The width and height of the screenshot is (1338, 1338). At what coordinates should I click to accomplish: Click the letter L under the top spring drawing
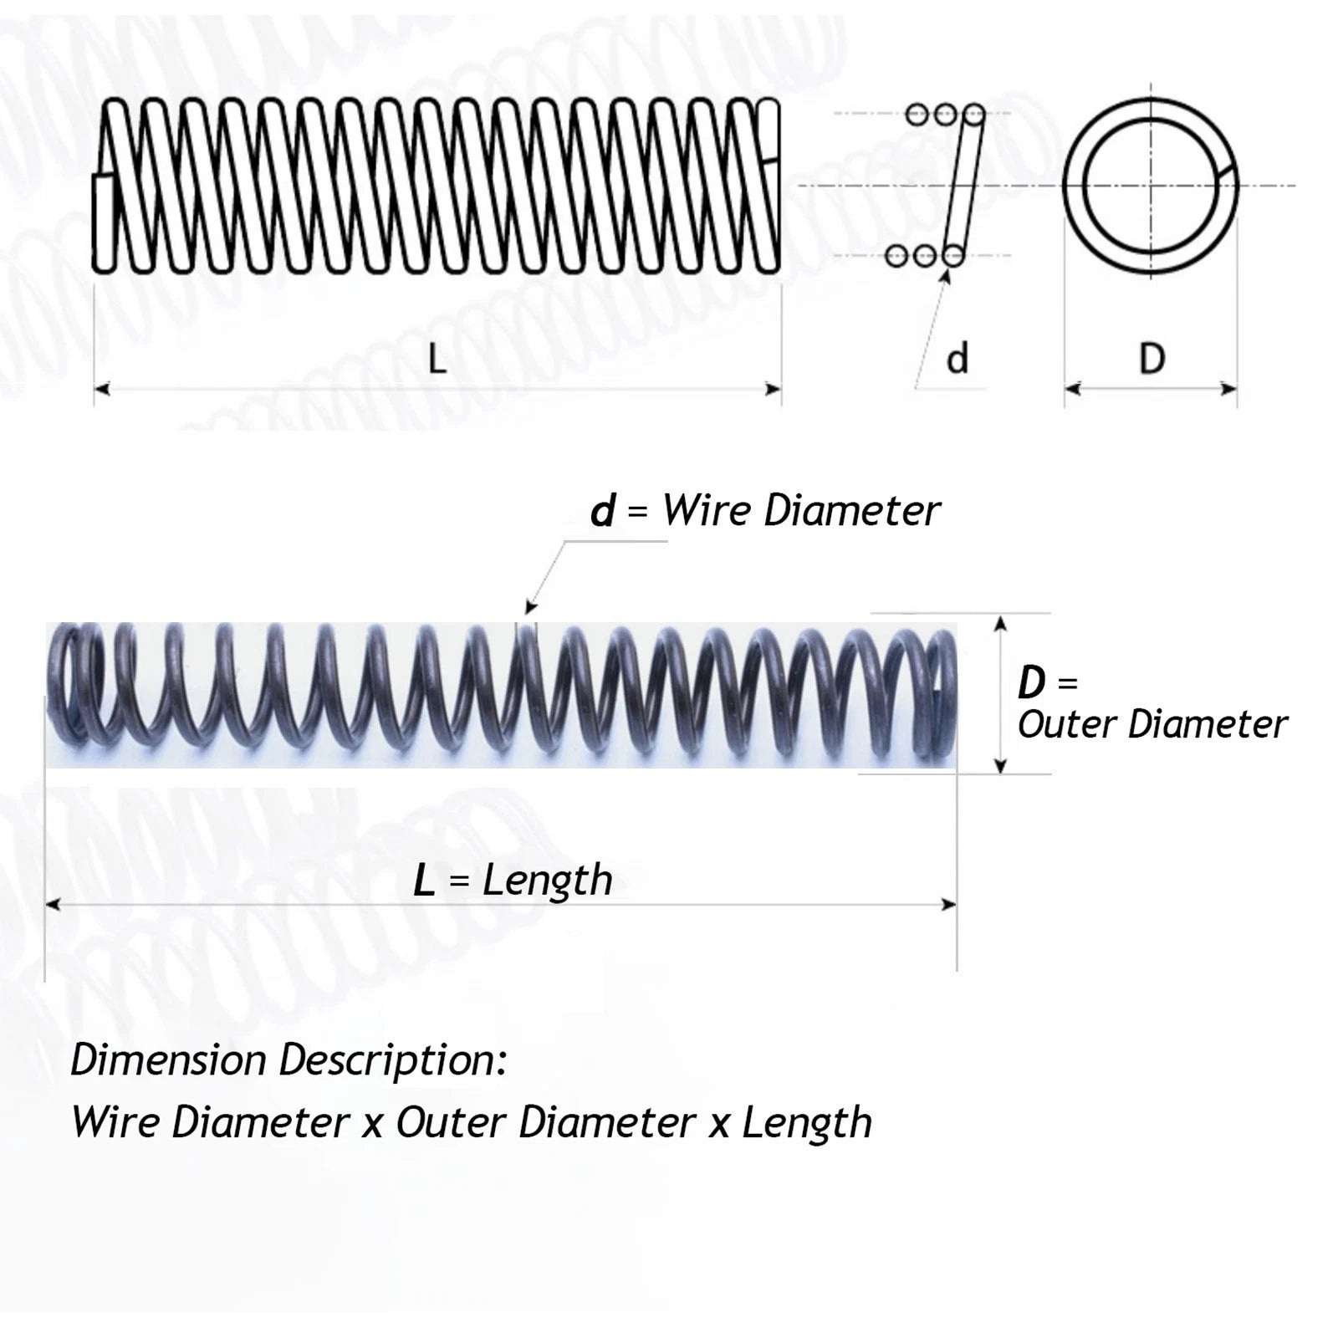tap(437, 360)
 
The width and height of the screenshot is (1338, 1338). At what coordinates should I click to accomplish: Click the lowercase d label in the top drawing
tap(958, 359)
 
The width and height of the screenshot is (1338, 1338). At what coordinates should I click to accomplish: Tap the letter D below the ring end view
tap(1152, 359)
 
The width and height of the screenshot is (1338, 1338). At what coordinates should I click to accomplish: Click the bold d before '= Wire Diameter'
tap(602, 511)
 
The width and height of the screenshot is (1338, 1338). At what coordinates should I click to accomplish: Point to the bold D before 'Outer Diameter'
tap(1031, 683)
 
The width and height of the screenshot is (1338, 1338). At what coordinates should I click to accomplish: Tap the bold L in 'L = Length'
tap(425, 881)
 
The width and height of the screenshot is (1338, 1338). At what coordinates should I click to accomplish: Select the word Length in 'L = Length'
tap(548, 881)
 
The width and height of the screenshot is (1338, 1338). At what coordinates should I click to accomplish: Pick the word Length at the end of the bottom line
tap(807, 1122)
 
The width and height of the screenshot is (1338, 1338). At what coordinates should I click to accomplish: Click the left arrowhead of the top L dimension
tap(102, 389)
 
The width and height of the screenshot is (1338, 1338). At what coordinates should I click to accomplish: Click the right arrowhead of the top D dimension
tap(1228, 389)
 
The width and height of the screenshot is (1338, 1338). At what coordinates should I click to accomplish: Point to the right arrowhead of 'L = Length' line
tap(948, 904)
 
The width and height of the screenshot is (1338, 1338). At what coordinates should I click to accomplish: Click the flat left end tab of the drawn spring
tap(103, 222)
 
